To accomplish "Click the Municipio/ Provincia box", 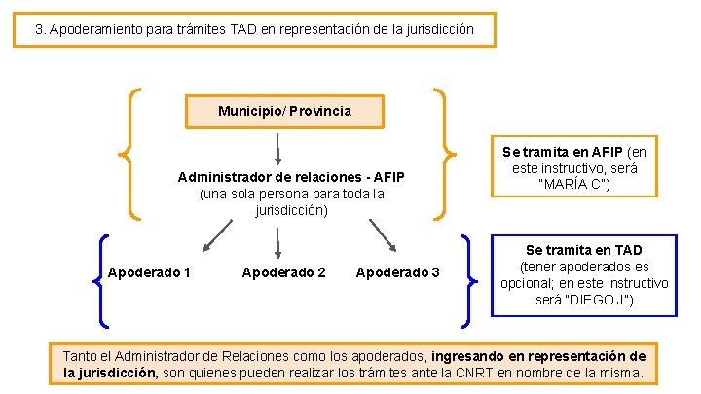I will (x=284, y=111).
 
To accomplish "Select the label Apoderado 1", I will (x=149, y=272).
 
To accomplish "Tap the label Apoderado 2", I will (x=283, y=272).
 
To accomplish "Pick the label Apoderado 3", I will (x=398, y=272).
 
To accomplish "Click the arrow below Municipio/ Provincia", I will (x=279, y=148).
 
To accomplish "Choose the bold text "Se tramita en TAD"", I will (x=584, y=250).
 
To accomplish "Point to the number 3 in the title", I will (x=39, y=29).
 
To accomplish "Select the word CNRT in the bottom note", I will (x=472, y=373).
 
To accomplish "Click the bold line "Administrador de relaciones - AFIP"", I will (x=291, y=177).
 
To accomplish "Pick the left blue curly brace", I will (x=100, y=280).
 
